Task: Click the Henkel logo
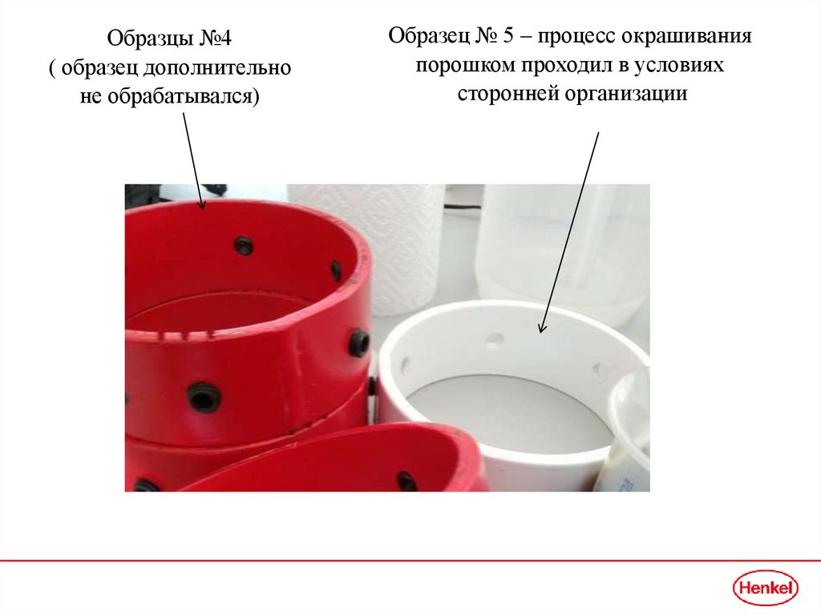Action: tap(765, 588)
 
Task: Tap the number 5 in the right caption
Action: tap(508, 35)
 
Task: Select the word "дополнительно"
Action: tap(217, 67)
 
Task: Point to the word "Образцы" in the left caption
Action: tap(143, 38)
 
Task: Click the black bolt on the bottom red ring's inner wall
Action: tap(406, 481)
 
